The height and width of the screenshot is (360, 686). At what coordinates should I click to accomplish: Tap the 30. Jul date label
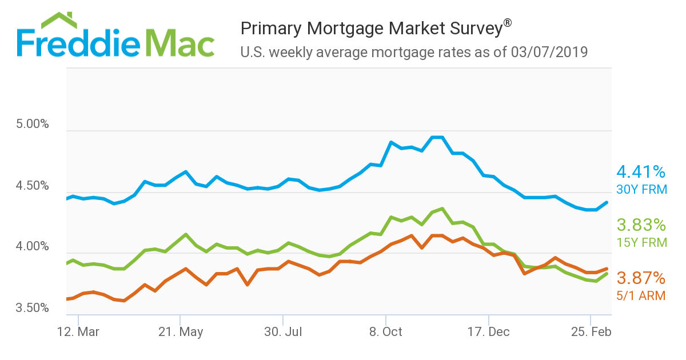coord(282,332)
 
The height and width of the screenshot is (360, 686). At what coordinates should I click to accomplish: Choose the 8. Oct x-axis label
coord(386,332)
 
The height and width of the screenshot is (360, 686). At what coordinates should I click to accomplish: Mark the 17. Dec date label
coord(489,332)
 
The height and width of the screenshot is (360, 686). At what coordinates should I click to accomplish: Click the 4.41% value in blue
coord(641,171)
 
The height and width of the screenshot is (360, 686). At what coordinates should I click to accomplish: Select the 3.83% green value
coord(641,225)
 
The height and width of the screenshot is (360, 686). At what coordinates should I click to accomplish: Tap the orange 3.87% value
coord(641,278)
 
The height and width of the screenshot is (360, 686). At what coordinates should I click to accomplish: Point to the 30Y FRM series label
coord(641,189)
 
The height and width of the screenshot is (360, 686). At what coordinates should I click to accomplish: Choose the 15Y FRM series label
coord(641,242)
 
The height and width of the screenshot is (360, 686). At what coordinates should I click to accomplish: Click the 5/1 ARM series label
coord(640,295)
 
